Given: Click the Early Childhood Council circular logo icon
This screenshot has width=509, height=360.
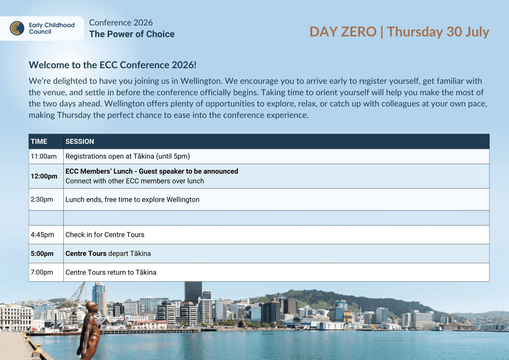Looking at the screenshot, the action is coord(17,28).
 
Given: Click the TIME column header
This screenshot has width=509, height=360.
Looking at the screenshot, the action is coord(39,142).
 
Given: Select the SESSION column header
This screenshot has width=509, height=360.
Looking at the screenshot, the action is coord(80,142).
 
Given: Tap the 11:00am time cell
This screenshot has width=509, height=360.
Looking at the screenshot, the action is coord(44,156).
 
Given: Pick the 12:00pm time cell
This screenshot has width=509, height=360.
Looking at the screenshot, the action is coord(44,176).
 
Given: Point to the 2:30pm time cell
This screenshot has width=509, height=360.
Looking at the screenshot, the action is coord(42,199).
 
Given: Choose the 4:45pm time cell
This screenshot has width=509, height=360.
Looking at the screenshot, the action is coord(43,235).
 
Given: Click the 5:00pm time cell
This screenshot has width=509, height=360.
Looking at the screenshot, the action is coord(42,254).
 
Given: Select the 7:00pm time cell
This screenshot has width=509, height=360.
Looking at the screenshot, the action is coord(42,272).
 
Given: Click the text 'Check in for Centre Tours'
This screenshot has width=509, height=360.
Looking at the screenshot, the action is coord(105,235).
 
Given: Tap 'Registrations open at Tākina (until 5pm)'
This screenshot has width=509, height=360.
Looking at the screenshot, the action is coord(128,156).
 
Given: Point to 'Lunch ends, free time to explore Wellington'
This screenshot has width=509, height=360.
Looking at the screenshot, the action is coord(132,200).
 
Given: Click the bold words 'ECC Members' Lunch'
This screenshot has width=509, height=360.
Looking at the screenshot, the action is coord(99,171).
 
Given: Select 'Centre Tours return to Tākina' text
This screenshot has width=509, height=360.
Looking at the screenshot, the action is coord(111,272).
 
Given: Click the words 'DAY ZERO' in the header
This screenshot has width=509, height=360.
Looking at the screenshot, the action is coord(343,32).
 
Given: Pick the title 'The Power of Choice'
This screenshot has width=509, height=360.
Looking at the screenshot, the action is coord(132,34).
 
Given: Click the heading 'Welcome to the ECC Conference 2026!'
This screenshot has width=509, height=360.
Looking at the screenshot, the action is coord(112,65).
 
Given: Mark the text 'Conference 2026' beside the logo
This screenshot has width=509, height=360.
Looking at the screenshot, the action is coord(121,23).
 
